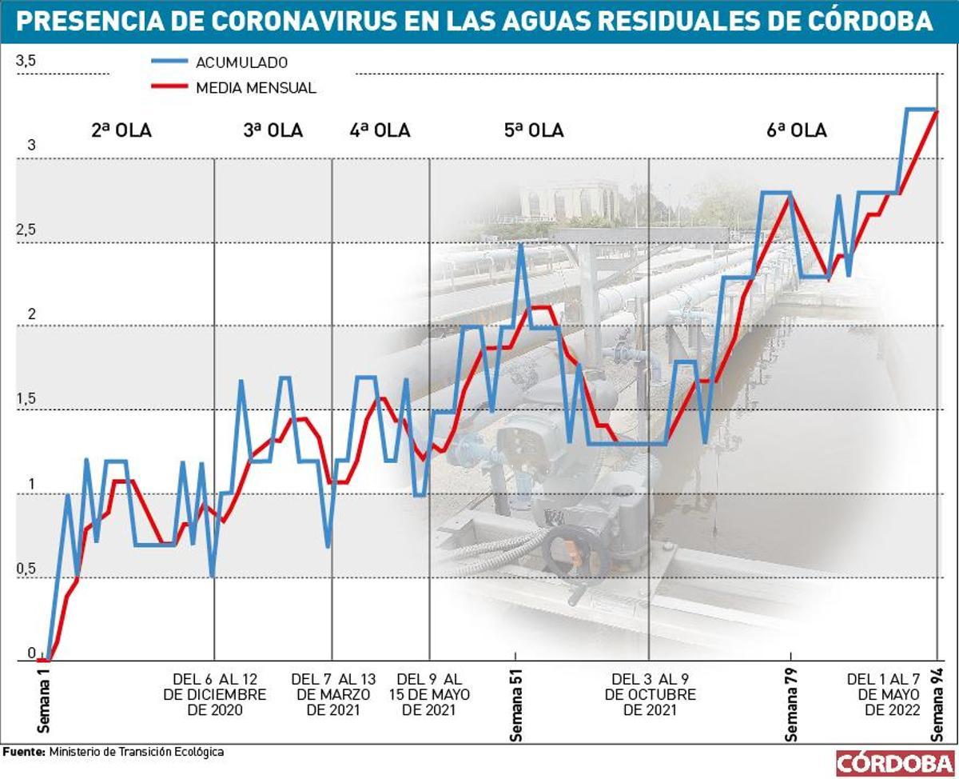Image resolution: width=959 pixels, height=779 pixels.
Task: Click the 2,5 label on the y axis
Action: click(26, 230)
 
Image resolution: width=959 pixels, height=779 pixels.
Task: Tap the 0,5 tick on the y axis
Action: click(26, 569)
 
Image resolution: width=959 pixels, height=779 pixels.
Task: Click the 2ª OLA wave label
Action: click(121, 130)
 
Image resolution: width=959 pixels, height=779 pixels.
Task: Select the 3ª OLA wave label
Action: click(273, 130)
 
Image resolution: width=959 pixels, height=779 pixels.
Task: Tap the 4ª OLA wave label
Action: click(380, 130)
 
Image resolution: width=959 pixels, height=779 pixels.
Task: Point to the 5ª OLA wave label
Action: click(534, 130)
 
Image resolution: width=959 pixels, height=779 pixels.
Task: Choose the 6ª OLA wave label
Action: click(796, 130)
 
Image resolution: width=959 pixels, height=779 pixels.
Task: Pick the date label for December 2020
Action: click(214, 694)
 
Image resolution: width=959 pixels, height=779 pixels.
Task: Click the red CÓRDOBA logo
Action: click(894, 762)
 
